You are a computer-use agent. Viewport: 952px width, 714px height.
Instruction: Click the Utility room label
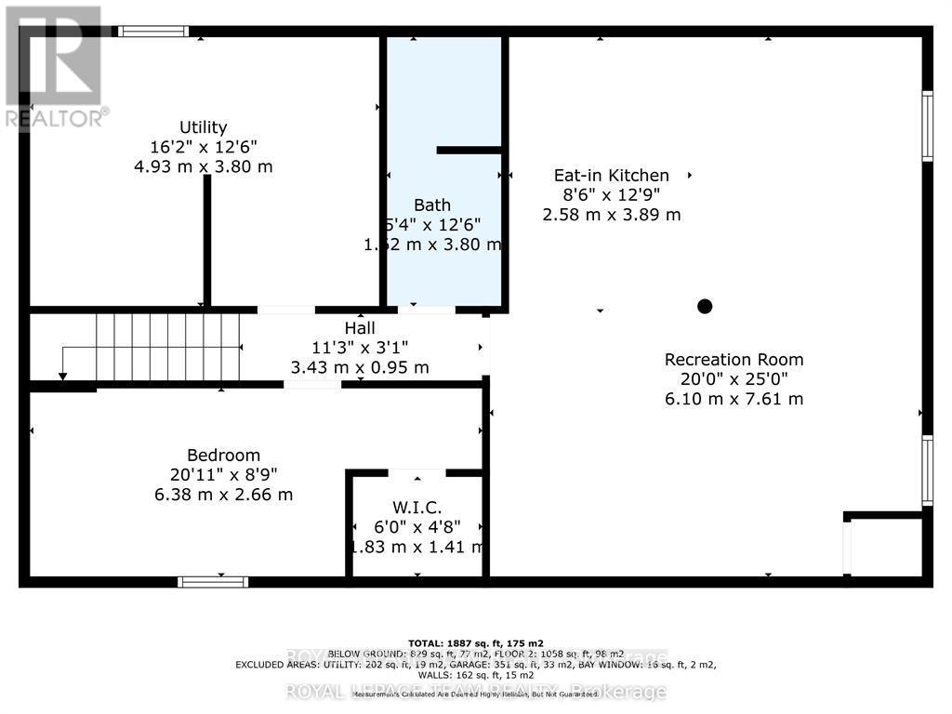pyautogui.click(x=204, y=127)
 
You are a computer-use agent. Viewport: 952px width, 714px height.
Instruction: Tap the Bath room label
pyautogui.click(x=432, y=205)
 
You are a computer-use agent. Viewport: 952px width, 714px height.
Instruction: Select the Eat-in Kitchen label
pyautogui.click(x=611, y=175)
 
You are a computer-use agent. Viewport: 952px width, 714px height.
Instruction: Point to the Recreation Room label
pyautogui.click(x=734, y=360)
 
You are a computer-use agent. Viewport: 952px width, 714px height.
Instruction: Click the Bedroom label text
pyautogui.click(x=223, y=455)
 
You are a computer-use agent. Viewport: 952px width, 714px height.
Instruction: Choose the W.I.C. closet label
pyautogui.click(x=416, y=508)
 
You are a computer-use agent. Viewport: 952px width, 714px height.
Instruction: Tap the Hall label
pyautogui.click(x=360, y=328)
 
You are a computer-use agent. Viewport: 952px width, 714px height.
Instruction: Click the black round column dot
pyautogui.click(x=705, y=306)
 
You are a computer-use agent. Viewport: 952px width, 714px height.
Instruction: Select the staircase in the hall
pyautogui.click(x=167, y=347)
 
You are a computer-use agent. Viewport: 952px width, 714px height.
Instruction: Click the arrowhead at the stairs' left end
pyautogui.click(x=62, y=376)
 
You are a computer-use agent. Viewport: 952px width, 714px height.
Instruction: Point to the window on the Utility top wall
pyautogui.click(x=153, y=32)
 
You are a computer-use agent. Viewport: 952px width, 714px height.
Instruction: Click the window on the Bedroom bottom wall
pyautogui.click(x=213, y=582)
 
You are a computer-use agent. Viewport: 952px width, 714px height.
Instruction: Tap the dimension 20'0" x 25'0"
pyautogui.click(x=734, y=379)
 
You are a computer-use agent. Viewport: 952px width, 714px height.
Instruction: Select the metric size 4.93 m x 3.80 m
pyautogui.click(x=204, y=167)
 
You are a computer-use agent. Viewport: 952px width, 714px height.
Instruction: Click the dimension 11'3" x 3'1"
pyautogui.click(x=360, y=348)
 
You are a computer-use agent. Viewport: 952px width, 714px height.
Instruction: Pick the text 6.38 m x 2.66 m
pyautogui.click(x=223, y=495)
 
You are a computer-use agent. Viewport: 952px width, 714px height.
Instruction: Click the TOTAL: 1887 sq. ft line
pyautogui.click(x=476, y=643)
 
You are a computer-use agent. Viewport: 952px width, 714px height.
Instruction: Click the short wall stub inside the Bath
pyautogui.click(x=469, y=150)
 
